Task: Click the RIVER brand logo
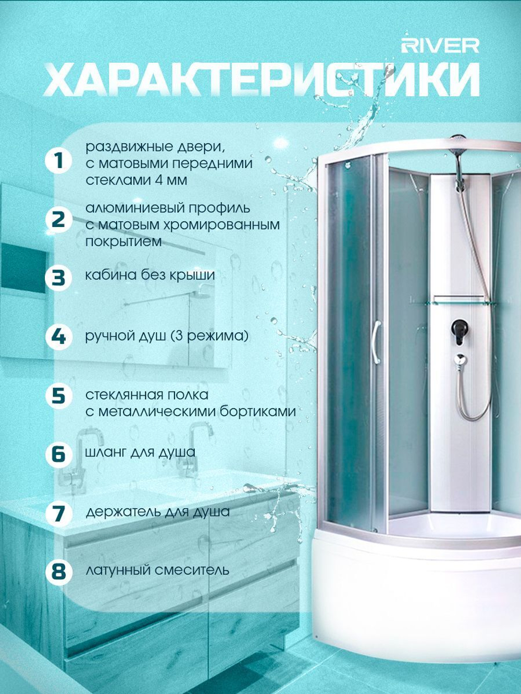(440, 46)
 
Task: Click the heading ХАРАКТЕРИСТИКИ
(262, 80)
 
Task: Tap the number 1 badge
(58, 161)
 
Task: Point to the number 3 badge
(58, 277)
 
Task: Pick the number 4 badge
(58, 337)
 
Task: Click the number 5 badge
(58, 396)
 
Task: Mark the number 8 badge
(58, 572)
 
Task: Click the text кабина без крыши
(150, 275)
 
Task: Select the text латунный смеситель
(157, 571)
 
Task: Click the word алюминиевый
(135, 208)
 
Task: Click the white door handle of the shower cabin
(377, 341)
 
